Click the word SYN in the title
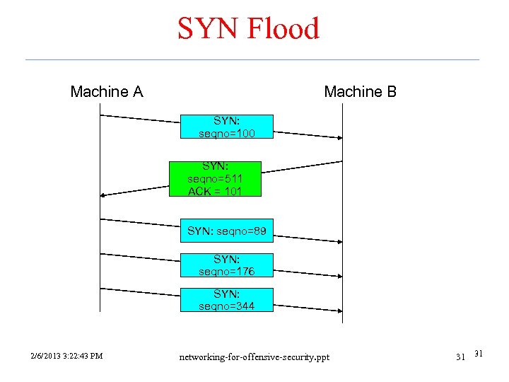[x=205, y=29]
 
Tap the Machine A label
[x=107, y=92]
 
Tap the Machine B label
[x=360, y=92]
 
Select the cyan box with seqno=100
[x=227, y=127]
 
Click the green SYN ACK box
[x=215, y=178]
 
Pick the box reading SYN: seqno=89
[x=227, y=231]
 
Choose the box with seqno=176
[x=227, y=265]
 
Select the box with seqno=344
[x=227, y=300]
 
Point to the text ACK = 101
[x=215, y=192]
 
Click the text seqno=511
[x=215, y=179]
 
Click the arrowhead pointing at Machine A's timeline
[x=104, y=195]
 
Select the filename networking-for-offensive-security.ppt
[x=254, y=355]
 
